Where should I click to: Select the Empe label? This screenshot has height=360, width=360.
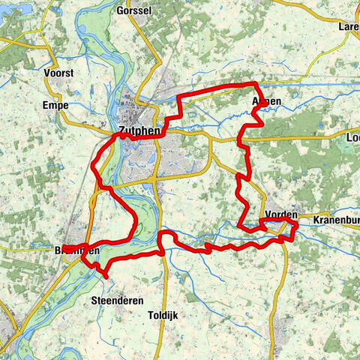click(x=55, y=105)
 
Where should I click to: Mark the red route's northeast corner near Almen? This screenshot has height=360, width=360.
click(x=256, y=84)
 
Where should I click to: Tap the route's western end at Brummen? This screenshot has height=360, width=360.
click(x=64, y=248)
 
